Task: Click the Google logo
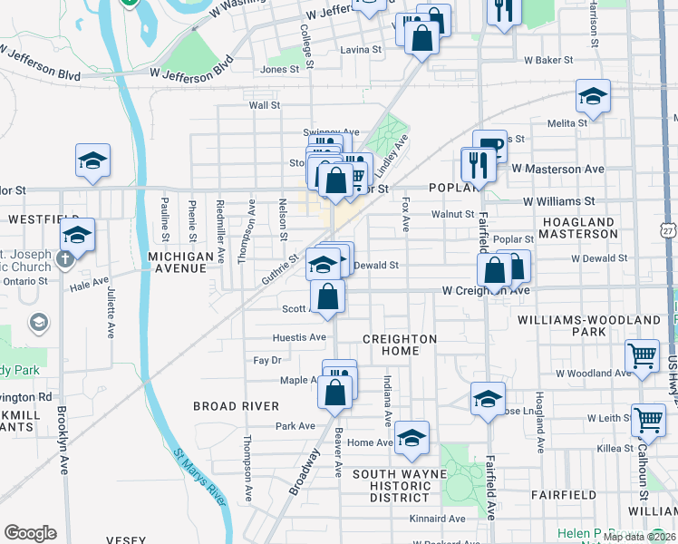(31, 533)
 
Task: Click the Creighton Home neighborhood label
(400, 345)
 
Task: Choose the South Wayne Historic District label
(400, 486)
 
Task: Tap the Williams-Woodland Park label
(589, 326)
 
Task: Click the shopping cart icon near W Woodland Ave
(643, 355)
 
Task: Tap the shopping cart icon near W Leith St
(649, 419)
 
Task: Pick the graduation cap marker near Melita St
(593, 95)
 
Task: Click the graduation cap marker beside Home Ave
(412, 438)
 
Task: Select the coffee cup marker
(489, 145)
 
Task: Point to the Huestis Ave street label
(299, 337)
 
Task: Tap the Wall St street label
(265, 105)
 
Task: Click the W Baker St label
(548, 60)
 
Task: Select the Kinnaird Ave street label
(437, 520)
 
